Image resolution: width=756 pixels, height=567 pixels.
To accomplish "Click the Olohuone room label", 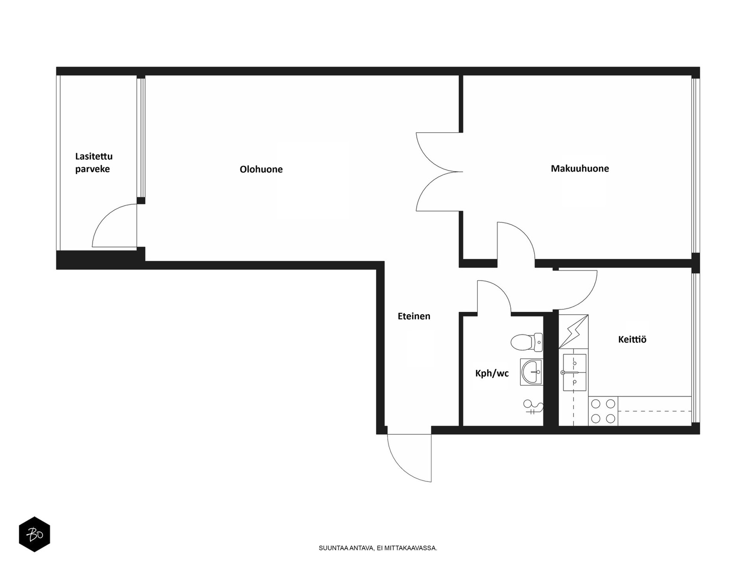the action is [x=261, y=169].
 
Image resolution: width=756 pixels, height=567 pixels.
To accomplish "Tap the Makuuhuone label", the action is [x=580, y=168].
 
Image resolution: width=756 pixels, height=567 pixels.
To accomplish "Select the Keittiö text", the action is [x=632, y=339].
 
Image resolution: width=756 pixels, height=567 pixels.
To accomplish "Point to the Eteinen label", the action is [x=413, y=316].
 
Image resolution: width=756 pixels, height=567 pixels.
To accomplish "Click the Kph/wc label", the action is [x=492, y=373].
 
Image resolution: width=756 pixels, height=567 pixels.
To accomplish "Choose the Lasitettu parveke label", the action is [x=94, y=163].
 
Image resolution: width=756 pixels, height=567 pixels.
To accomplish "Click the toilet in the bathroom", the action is [x=526, y=342].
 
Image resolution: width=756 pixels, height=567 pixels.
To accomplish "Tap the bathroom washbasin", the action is [x=531, y=372].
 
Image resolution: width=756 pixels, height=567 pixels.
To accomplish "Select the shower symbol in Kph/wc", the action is [x=533, y=406].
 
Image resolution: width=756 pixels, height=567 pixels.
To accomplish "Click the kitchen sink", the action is [x=574, y=372].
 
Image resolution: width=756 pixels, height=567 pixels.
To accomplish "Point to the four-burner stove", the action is [x=603, y=411].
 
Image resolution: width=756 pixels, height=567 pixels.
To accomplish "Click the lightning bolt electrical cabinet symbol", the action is [x=573, y=331].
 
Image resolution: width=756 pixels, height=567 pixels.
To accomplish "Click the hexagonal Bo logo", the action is [x=34, y=534].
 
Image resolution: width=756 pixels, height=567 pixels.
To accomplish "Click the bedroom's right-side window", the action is [x=696, y=166].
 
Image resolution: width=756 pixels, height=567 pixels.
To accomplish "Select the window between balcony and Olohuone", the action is [x=141, y=138].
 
